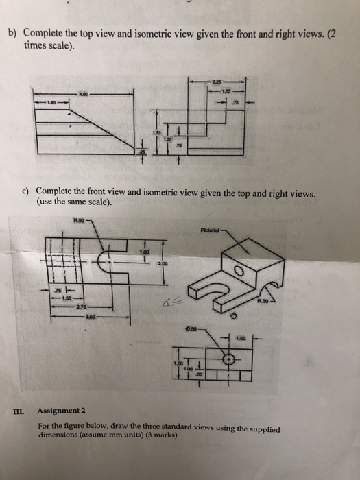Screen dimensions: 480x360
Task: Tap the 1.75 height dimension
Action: [157, 131]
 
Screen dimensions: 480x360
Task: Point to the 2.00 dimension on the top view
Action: [163, 261]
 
